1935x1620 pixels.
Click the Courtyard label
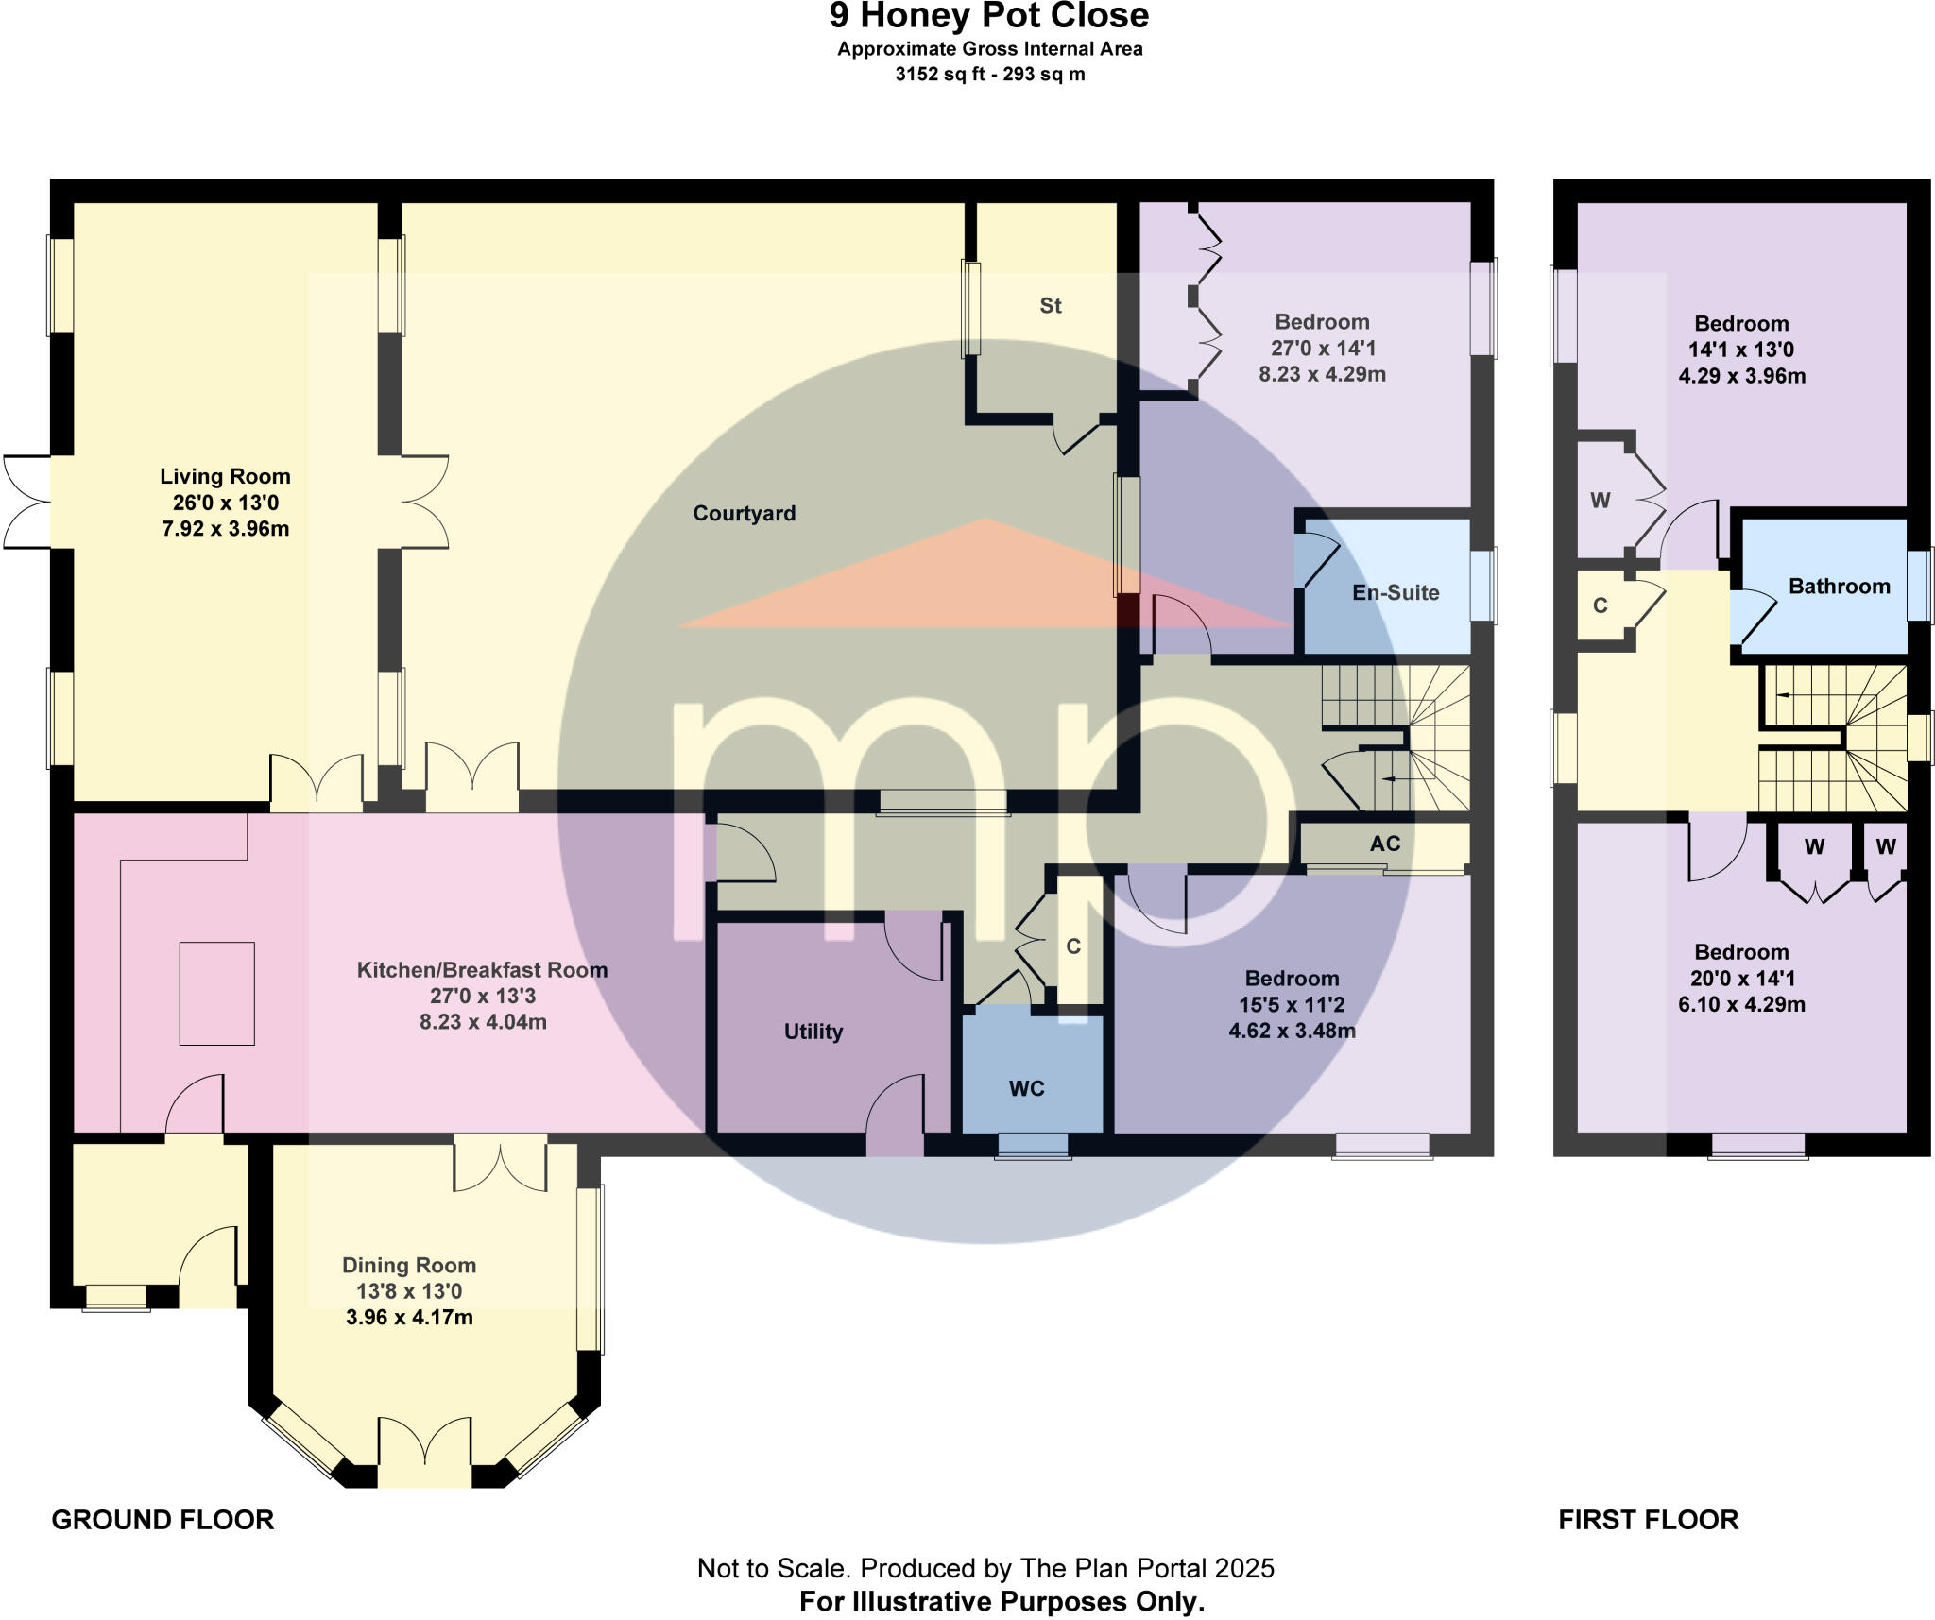(x=744, y=513)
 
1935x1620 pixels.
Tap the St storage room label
(x=1050, y=305)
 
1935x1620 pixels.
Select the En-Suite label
(x=1395, y=592)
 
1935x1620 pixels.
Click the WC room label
(x=1026, y=1088)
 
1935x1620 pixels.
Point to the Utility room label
(x=813, y=1032)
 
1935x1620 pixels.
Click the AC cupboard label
(x=1384, y=844)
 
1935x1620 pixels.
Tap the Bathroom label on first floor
(x=1839, y=586)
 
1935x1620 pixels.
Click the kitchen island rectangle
(x=216, y=993)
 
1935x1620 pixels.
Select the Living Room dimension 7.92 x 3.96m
(x=225, y=528)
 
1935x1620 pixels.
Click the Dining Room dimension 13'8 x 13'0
(x=408, y=1290)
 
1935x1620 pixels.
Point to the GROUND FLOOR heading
(x=163, y=1519)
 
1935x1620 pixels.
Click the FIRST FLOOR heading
(x=1648, y=1519)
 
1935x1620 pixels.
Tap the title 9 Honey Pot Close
(x=988, y=16)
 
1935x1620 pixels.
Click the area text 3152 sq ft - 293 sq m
(x=989, y=74)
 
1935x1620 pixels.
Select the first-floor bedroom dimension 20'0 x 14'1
(x=1741, y=978)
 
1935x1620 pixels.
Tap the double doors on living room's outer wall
(x=26, y=502)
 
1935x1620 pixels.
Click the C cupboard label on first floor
(x=1600, y=605)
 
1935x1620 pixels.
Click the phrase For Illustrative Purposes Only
(x=1002, y=1601)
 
